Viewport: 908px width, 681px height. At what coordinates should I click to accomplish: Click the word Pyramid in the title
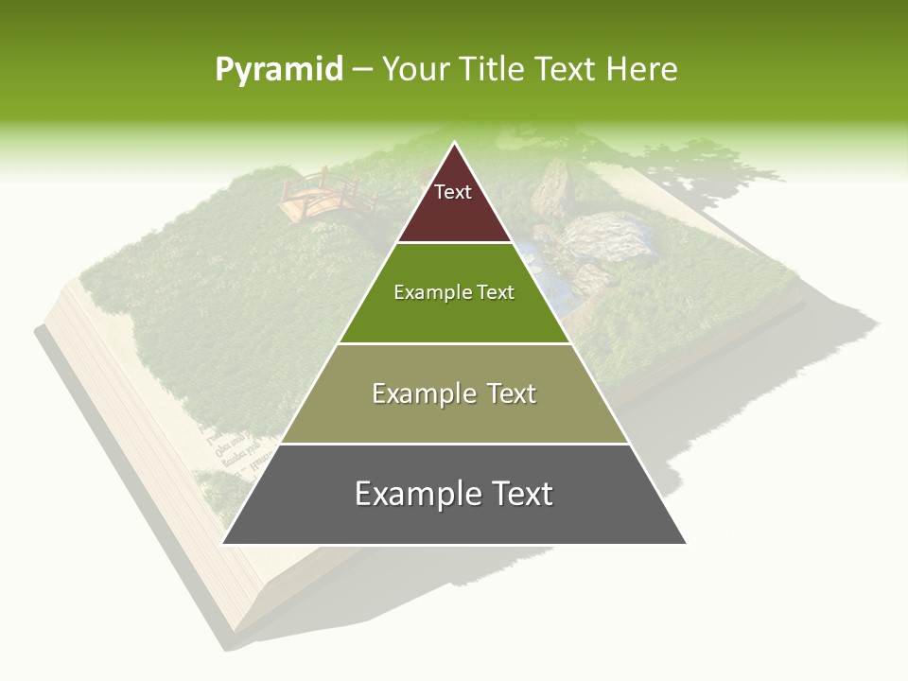point(278,70)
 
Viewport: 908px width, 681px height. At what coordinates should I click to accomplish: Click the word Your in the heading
point(415,70)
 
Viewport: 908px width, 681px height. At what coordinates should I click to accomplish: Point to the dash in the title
point(362,71)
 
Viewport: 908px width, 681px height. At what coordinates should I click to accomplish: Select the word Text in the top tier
point(453,192)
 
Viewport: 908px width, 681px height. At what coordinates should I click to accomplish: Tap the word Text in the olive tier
point(504,393)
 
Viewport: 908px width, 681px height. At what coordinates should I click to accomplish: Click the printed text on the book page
point(227,445)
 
